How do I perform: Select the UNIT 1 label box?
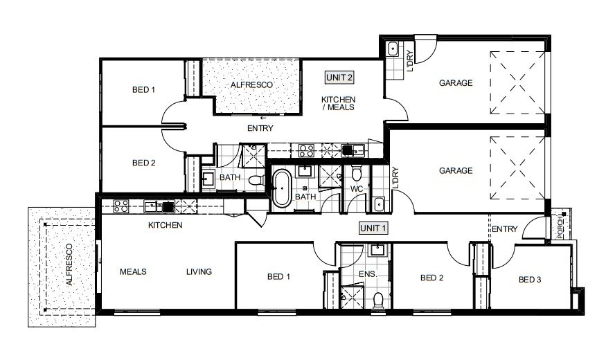[373, 227]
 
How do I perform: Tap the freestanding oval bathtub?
[282, 187]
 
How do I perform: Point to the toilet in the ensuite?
[377, 300]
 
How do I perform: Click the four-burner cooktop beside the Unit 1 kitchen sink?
[120, 205]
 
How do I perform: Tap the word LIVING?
[199, 272]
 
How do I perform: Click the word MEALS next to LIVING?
[132, 272]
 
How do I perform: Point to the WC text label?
[357, 188]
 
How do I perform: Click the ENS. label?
[367, 275]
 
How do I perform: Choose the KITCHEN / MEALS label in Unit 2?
[338, 103]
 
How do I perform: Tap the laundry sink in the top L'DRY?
[392, 49]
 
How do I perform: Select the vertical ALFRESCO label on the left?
[69, 265]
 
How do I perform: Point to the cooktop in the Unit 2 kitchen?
[306, 150]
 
